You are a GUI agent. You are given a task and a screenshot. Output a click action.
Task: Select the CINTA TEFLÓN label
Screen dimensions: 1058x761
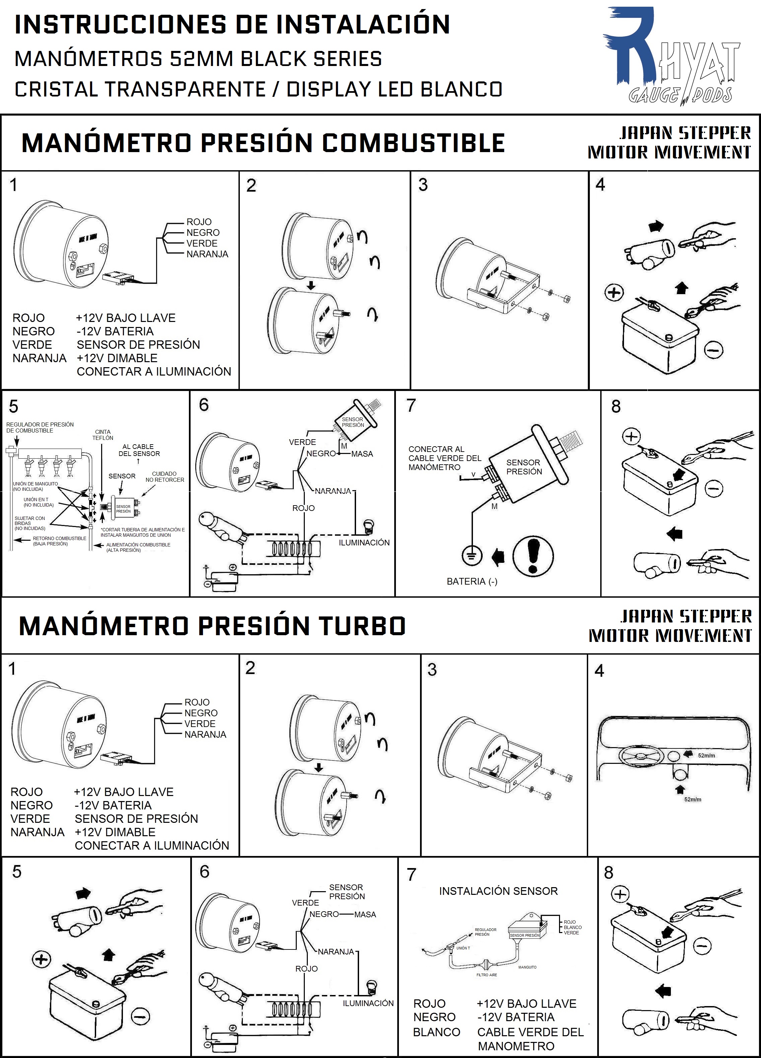[102, 435]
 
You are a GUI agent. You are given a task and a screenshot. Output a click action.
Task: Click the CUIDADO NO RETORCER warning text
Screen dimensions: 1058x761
[164, 476]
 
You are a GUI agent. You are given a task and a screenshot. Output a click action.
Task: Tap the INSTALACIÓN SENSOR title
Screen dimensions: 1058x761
[498, 891]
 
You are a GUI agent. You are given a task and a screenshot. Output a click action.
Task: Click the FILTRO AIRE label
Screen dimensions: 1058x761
[486, 975]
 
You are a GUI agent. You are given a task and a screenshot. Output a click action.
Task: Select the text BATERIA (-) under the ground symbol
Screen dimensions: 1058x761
[472, 581]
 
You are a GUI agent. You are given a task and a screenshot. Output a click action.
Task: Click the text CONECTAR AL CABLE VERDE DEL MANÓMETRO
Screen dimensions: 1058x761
[444, 458]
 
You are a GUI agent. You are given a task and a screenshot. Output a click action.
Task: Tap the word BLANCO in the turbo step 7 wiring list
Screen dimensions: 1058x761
[436, 1032]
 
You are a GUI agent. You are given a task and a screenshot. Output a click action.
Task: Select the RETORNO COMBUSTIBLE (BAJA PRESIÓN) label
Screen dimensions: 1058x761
[59, 541]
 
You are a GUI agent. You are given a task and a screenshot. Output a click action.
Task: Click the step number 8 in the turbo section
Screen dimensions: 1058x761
[609, 872]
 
